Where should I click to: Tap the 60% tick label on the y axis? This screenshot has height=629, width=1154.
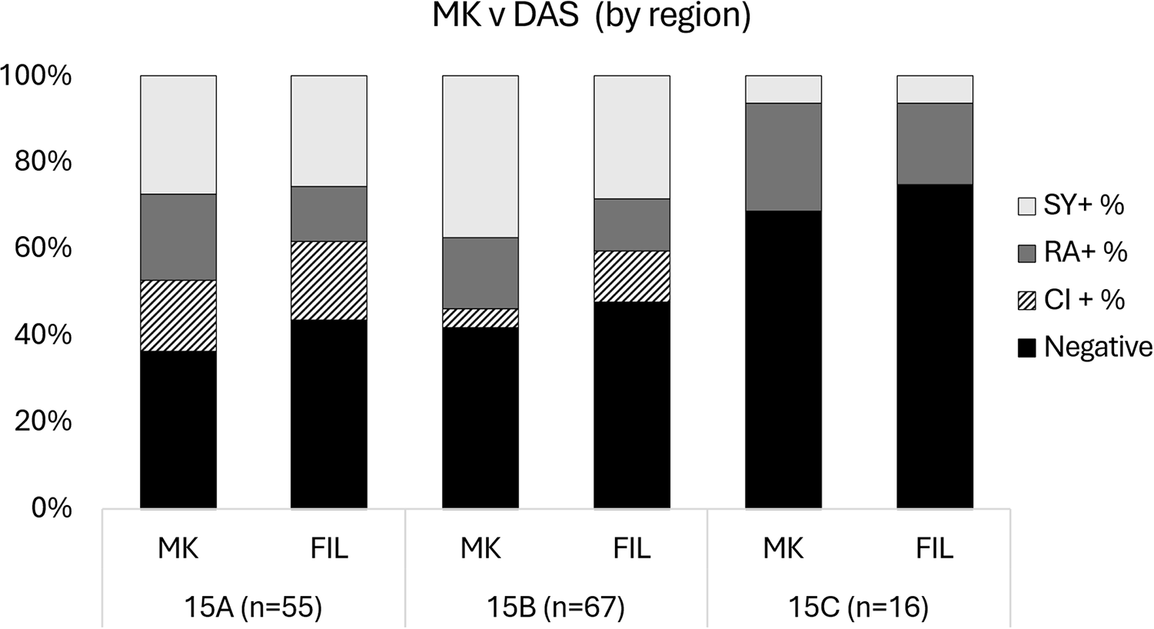43,248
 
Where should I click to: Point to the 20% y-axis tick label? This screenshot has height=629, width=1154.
43,422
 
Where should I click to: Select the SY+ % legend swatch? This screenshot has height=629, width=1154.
1026,206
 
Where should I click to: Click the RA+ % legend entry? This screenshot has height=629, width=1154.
1073,253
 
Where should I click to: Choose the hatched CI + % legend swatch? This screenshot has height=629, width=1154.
1026,301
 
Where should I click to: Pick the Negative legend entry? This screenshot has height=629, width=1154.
1086,348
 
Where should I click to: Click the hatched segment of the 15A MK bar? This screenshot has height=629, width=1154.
178,316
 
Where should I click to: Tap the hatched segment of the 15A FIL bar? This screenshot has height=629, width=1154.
329,281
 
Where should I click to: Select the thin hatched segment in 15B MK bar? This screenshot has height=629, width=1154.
481,318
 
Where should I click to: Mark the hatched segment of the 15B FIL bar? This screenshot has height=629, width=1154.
632,276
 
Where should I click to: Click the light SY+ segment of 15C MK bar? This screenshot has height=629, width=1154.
783,90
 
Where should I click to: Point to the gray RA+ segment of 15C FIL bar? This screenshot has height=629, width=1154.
935,144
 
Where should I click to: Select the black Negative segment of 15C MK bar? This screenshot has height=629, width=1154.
783,360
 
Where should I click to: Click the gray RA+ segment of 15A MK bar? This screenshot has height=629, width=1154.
178,238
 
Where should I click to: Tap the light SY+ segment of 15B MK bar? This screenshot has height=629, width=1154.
481,157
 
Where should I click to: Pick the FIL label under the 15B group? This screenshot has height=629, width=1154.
632,549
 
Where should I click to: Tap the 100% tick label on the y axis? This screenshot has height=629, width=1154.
36,76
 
